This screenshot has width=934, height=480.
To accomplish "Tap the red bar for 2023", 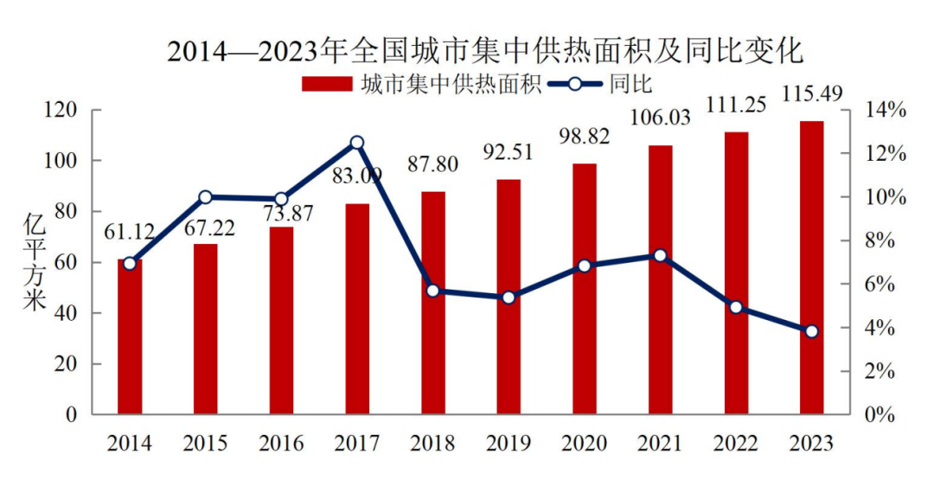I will (x=811, y=268).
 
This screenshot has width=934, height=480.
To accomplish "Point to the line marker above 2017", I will (x=357, y=143).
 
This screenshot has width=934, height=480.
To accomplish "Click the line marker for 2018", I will (x=433, y=291).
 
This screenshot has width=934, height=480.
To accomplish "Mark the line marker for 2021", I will (x=660, y=255).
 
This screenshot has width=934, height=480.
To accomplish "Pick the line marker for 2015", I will (x=206, y=197).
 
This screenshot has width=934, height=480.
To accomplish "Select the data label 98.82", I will (x=585, y=137).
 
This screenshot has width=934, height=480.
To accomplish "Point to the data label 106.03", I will (x=660, y=117).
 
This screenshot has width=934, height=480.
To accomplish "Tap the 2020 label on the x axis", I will (x=585, y=444).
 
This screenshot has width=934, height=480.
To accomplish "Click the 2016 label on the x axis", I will (x=281, y=444).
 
